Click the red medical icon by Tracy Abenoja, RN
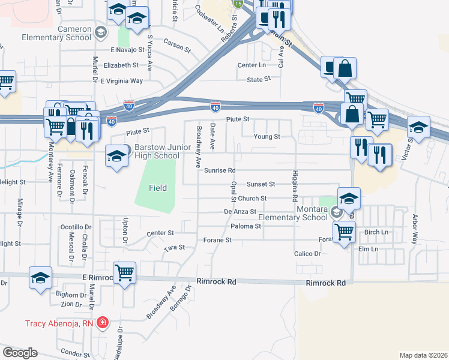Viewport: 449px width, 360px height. click(103, 323)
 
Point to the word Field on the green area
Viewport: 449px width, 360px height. click(158, 188)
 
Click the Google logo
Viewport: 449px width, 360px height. click(20, 353)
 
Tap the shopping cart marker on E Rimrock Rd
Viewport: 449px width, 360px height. click(124, 273)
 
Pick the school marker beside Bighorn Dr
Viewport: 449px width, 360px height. click(40, 278)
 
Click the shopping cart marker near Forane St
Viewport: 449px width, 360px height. click(344, 231)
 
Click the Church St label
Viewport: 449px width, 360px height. click(252, 198)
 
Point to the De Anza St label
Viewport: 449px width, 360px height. click(240, 212)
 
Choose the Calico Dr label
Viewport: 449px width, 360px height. click(307, 254)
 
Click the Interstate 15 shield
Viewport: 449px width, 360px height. click(239, 4)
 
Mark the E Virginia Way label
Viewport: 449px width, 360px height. click(122, 80)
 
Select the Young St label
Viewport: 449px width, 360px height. click(267, 137)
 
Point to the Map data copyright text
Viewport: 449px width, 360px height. click(424, 355)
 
